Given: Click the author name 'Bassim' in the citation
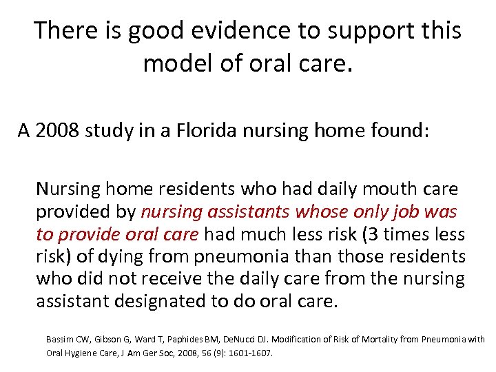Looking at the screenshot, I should coord(59,340).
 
